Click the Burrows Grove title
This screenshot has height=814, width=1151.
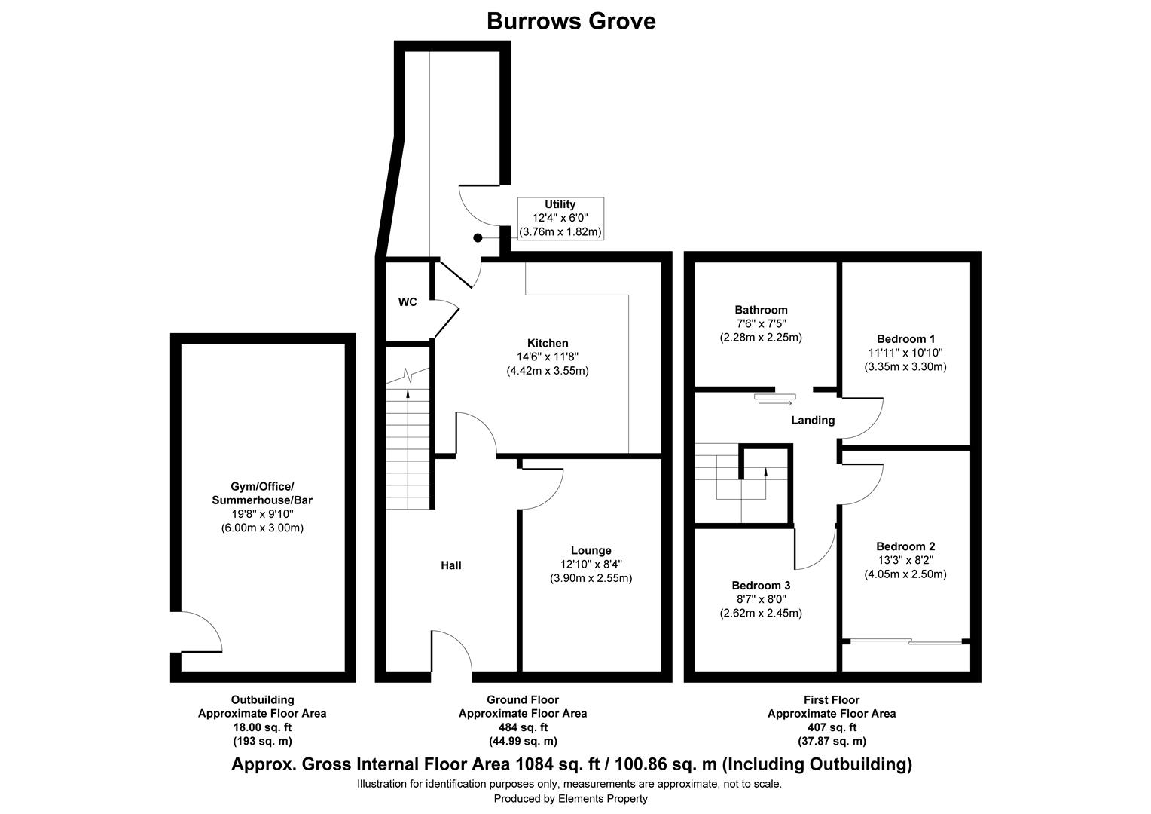(571, 21)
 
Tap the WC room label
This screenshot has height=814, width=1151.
(408, 302)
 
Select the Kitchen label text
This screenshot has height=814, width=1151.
(548, 343)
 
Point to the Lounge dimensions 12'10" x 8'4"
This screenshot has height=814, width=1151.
(591, 565)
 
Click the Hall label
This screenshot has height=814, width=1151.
(451, 565)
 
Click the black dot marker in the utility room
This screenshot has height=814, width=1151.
(478, 238)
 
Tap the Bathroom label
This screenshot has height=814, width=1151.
(761, 310)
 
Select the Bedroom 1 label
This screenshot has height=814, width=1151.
(905, 338)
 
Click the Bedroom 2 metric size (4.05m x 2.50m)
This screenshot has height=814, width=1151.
(905, 574)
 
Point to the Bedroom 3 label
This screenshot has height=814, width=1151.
(761, 585)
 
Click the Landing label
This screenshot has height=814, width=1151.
(812, 420)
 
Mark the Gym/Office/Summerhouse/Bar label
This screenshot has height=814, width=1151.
(262, 493)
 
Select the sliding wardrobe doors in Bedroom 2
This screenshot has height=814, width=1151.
(907, 642)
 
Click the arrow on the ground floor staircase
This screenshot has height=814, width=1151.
(408, 393)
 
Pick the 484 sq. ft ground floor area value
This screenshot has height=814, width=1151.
(522, 727)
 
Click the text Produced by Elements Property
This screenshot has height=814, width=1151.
(570, 799)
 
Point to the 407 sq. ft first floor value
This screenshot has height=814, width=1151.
(831, 727)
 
